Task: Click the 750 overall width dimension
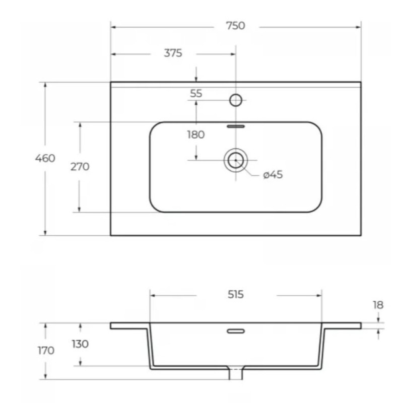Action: (x=235, y=26)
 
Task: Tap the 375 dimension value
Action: (x=173, y=53)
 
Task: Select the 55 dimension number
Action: (x=196, y=93)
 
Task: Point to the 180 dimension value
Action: (x=196, y=135)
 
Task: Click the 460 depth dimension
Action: (x=45, y=158)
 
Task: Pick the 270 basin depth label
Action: (x=80, y=167)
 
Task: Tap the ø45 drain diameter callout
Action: (x=273, y=174)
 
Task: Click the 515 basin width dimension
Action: (x=235, y=295)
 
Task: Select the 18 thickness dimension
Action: (x=378, y=305)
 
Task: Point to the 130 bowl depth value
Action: (x=80, y=344)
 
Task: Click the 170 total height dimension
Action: (x=46, y=350)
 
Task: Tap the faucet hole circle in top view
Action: (x=236, y=100)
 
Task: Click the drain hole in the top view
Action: (x=235, y=160)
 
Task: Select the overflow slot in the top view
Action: (x=236, y=126)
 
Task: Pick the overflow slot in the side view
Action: (x=236, y=331)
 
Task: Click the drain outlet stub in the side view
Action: (x=236, y=374)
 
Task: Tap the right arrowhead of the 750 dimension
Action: (x=358, y=27)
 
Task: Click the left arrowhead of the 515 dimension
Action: (x=153, y=295)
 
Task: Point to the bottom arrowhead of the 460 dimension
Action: (x=45, y=232)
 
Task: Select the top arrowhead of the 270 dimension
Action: (x=80, y=125)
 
